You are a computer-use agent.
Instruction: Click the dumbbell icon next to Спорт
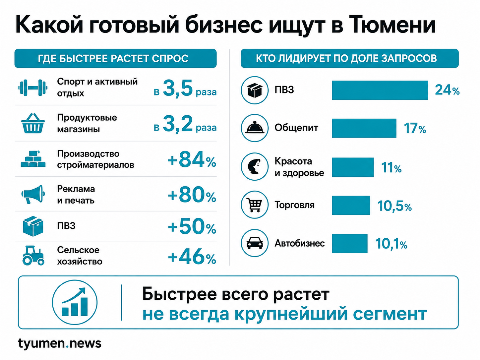pos(33,88)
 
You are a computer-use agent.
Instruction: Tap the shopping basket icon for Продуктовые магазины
pos(33,123)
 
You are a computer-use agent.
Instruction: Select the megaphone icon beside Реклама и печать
pos(33,194)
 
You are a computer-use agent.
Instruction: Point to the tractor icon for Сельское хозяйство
pos(33,256)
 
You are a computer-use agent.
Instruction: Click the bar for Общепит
pos(364,128)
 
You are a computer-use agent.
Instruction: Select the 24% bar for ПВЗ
pos(380,90)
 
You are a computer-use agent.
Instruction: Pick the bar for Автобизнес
pos(350,244)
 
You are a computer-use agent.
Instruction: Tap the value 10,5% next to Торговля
pos(394,206)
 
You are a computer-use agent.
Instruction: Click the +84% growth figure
pos(192,160)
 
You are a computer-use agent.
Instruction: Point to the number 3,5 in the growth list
pos(178,88)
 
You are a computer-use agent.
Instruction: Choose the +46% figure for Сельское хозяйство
pos(192,257)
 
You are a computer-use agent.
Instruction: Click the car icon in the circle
pos(255,243)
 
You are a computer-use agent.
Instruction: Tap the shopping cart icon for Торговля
pos(254,205)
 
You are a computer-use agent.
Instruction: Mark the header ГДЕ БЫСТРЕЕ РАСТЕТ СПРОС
pos(113,59)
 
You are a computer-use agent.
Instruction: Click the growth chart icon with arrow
pos(75,302)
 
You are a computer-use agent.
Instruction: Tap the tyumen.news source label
pos(60,343)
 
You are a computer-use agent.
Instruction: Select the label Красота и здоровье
pos(299,167)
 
